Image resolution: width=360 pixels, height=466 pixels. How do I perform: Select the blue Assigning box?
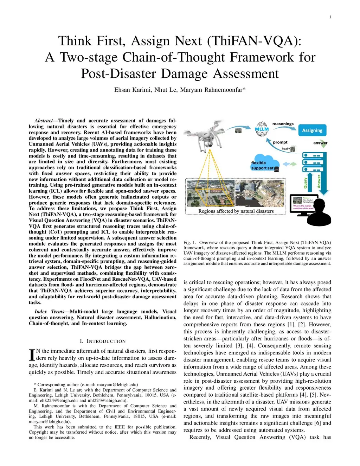coord(312,130)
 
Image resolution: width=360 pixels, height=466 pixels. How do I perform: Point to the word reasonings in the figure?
coord(283,124)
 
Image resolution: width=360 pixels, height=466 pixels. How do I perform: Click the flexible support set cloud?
coord(264,164)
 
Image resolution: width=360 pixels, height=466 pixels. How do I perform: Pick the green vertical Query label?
coord(306,183)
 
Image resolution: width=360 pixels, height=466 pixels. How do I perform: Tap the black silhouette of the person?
coord(319,213)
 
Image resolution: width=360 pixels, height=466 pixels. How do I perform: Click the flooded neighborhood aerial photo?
coord(211,193)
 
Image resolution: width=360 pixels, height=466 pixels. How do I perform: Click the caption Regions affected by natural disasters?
coord(236,211)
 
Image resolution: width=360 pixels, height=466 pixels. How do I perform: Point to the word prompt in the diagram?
coord(280,142)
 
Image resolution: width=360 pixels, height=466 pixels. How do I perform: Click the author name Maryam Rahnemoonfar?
coord(213,90)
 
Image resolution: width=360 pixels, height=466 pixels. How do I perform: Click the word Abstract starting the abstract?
coord(44,121)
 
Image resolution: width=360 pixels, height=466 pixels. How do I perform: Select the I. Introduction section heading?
coord(103,341)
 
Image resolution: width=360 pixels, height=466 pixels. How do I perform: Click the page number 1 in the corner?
coord(330,17)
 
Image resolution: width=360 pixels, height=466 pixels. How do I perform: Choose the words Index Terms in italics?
coord(49,312)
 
